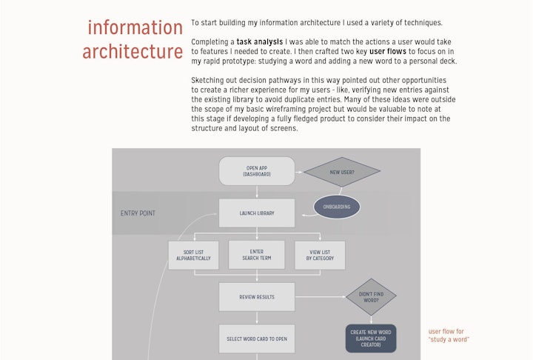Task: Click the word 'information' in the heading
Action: [135, 27]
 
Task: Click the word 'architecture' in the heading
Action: [133, 52]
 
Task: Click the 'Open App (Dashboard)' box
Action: [257, 171]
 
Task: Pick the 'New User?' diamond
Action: [342, 172]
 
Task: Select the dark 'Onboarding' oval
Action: [337, 207]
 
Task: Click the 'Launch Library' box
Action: [257, 213]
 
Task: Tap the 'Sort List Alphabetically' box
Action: [194, 255]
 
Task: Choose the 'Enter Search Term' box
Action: [257, 255]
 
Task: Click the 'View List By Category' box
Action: [320, 255]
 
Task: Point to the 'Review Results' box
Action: [257, 297]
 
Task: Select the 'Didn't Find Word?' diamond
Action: [371, 297]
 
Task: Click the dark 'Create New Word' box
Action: [371, 338]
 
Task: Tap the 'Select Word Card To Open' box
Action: [257, 339]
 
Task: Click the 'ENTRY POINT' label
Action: [138, 213]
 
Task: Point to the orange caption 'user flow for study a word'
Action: [449, 336]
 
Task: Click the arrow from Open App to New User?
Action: [299, 171]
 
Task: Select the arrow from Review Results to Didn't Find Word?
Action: [320, 297]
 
